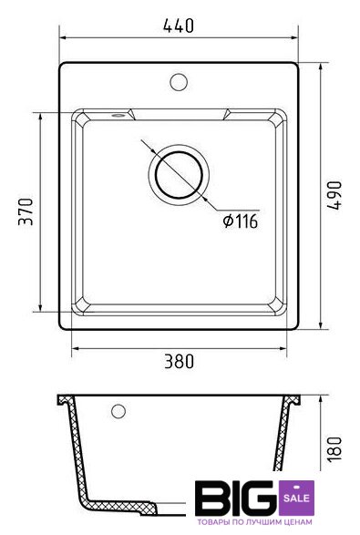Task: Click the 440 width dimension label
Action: click(179, 26)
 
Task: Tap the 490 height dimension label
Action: click(334, 196)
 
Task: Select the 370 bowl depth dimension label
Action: click(26, 211)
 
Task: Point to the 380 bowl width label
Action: click(179, 362)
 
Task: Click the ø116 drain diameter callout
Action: click(241, 221)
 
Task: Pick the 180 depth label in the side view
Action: click(334, 448)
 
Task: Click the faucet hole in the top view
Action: click(179, 82)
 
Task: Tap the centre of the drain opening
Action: click(179, 175)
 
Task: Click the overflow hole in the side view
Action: click(118, 411)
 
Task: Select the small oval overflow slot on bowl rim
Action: click(118, 116)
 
